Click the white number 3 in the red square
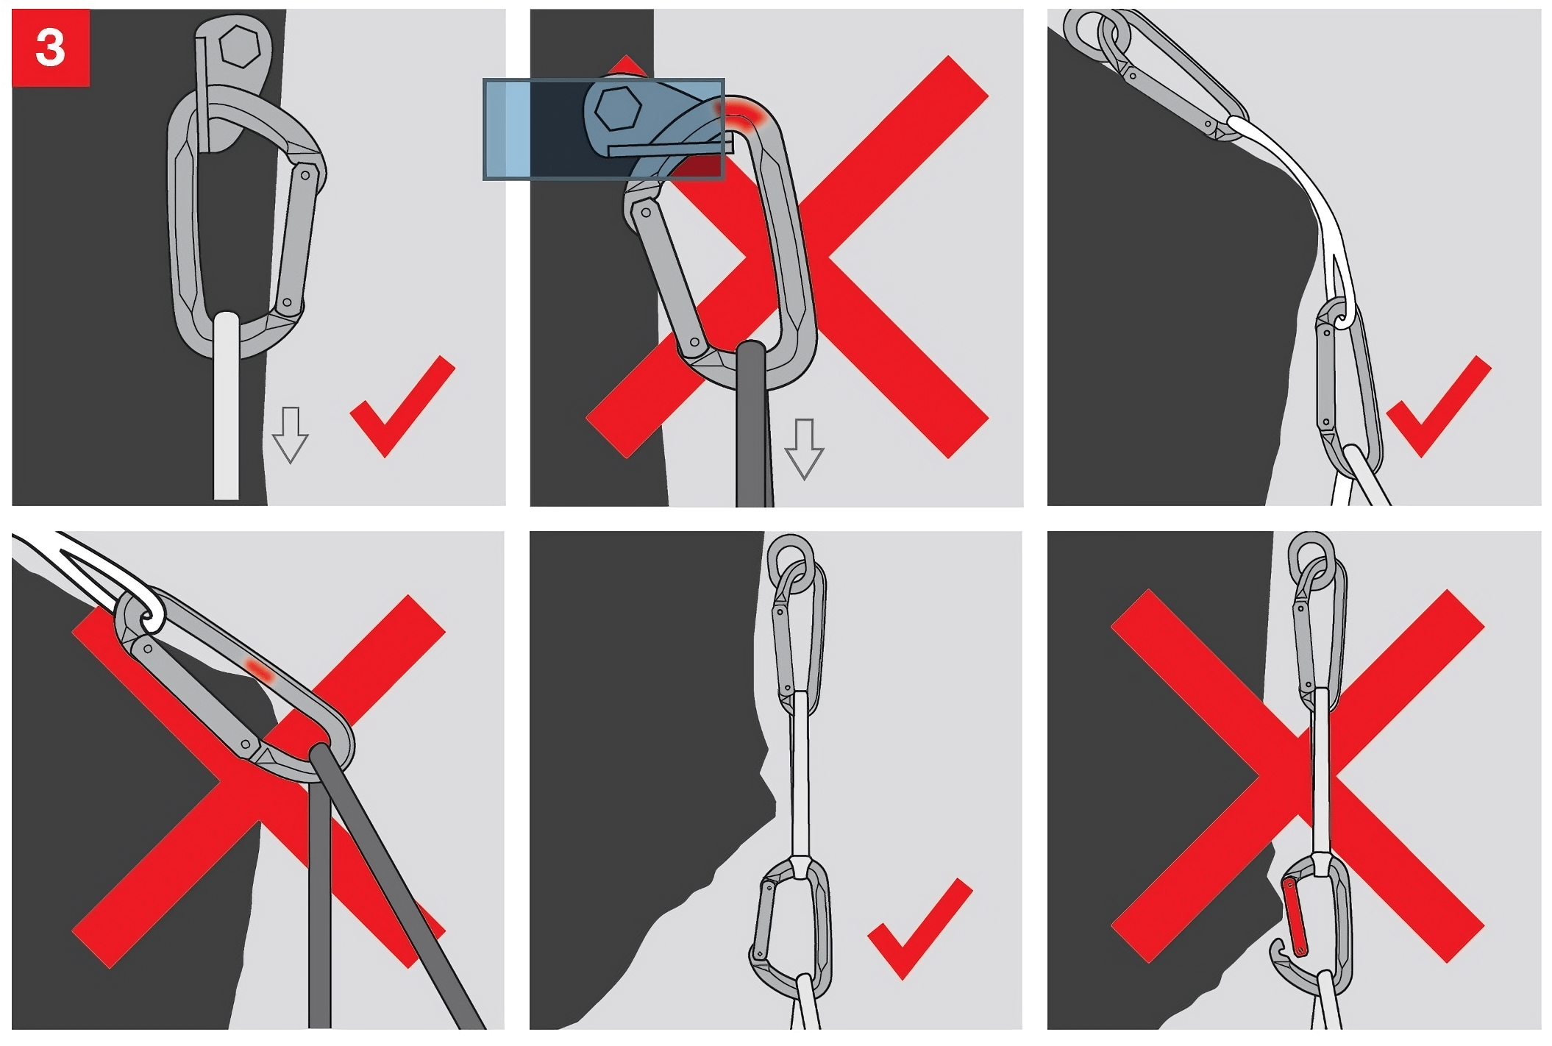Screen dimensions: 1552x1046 click(x=50, y=48)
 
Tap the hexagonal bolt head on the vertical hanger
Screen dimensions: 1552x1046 click(x=239, y=46)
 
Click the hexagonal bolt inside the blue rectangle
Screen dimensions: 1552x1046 click(x=619, y=110)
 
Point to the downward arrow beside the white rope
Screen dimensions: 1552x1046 click(x=290, y=435)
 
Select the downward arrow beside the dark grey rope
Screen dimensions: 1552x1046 click(x=804, y=449)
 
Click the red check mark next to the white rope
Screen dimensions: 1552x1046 click(x=402, y=406)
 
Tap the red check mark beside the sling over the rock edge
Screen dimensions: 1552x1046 click(x=1438, y=406)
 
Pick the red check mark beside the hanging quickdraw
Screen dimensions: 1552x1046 click(x=919, y=928)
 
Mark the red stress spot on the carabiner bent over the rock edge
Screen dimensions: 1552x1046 click(x=258, y=669)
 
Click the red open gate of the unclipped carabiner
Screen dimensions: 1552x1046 click(x=1294, y=917)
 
